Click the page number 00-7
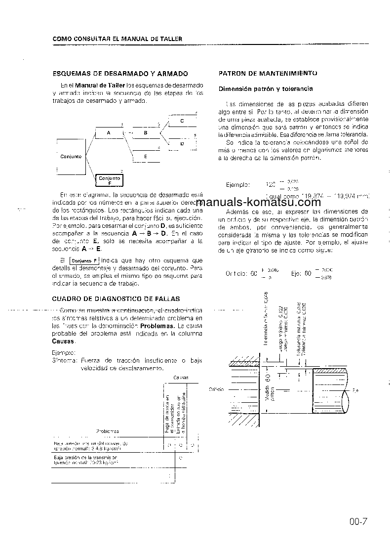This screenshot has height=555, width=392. coord(358,521)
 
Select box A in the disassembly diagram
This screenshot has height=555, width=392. coord(108,133)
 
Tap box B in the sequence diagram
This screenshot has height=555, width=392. coord(145,133)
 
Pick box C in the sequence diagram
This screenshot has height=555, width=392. coord(182,121)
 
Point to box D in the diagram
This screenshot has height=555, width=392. coord(182,144)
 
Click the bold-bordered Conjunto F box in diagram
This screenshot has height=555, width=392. coord(109,180)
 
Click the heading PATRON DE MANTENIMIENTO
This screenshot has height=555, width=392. coord(268,73)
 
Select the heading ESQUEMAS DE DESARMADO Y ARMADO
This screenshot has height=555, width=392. coord(120,74)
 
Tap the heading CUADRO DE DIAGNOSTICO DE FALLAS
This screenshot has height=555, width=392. coord(116,299)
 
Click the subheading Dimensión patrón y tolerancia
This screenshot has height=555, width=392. coord(266,89)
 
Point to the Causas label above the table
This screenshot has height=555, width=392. coord(180,378)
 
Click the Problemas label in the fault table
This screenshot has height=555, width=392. coord(107,431)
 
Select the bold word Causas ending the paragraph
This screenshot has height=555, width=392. coord(63,342)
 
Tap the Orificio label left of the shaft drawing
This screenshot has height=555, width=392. coord(216,389)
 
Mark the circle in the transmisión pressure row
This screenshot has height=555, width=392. coord(180,458)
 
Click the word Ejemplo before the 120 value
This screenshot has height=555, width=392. coord(237,185)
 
